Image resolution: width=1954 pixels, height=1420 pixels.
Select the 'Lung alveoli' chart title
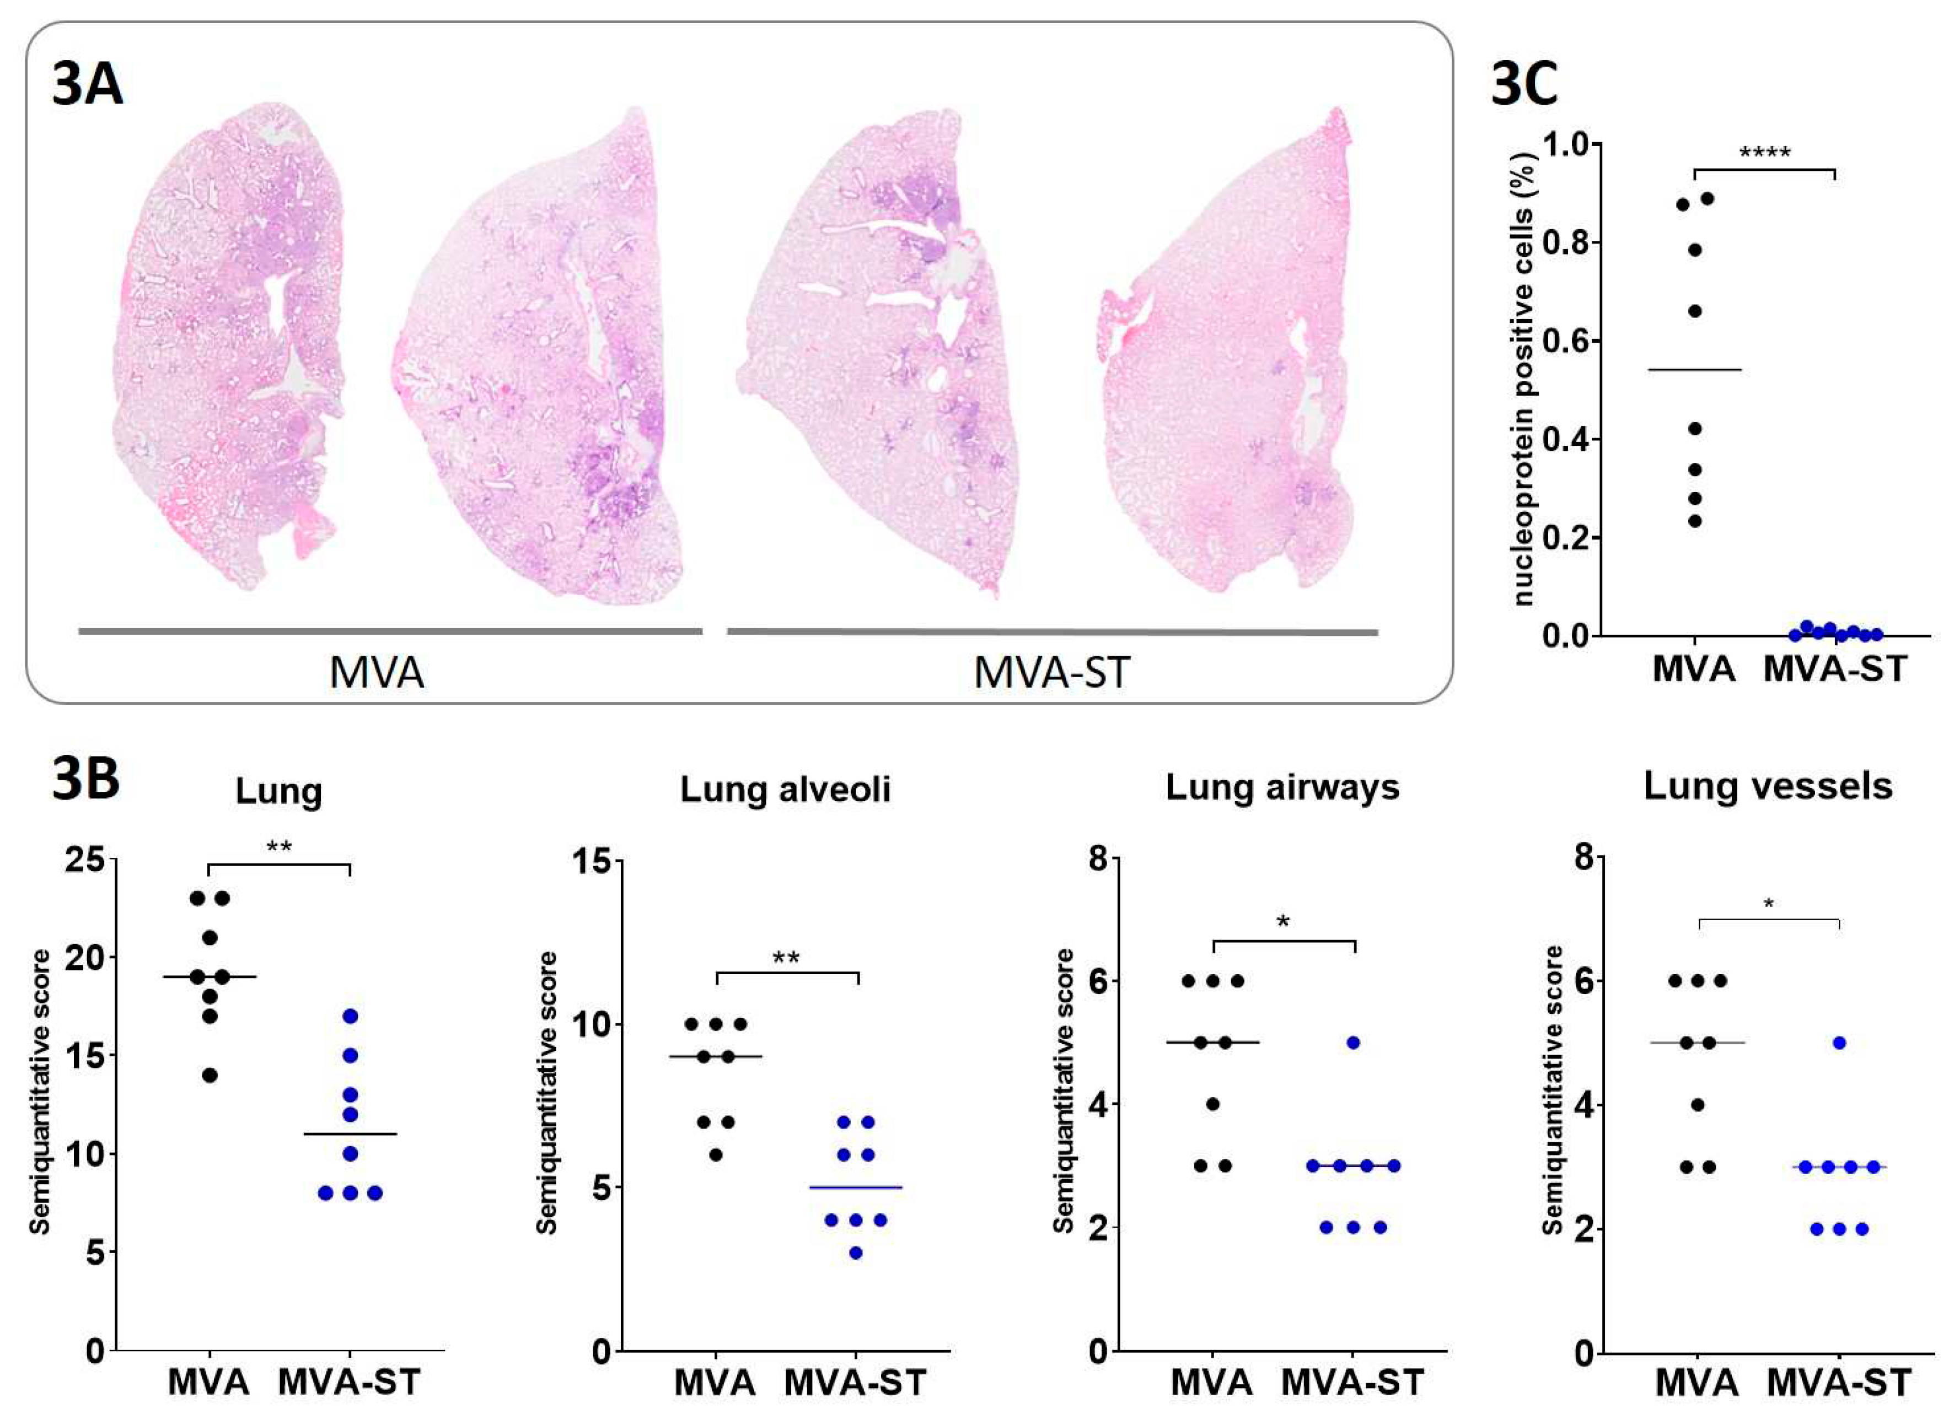785,789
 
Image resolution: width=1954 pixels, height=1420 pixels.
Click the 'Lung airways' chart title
1282,787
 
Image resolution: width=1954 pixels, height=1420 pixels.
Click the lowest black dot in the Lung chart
210,1075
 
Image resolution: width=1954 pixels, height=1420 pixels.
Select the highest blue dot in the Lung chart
350,1016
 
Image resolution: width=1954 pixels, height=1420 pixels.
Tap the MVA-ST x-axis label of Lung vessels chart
1839,1382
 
